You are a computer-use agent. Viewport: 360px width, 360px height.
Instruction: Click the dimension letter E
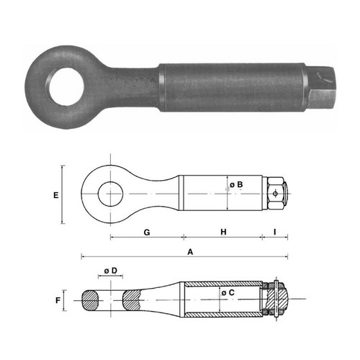56,195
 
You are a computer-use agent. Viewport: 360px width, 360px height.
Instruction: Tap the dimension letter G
147,233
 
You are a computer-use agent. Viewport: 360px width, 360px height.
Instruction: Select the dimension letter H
223,232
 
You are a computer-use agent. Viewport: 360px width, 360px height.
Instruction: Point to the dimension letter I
275,232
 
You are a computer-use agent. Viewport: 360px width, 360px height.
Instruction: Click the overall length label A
190,252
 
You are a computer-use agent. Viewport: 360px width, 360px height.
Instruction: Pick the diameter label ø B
236,184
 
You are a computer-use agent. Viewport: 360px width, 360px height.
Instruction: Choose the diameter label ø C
228,292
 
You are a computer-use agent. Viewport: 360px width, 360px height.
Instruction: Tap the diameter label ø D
111,271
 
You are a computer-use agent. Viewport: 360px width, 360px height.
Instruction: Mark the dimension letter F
58,300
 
